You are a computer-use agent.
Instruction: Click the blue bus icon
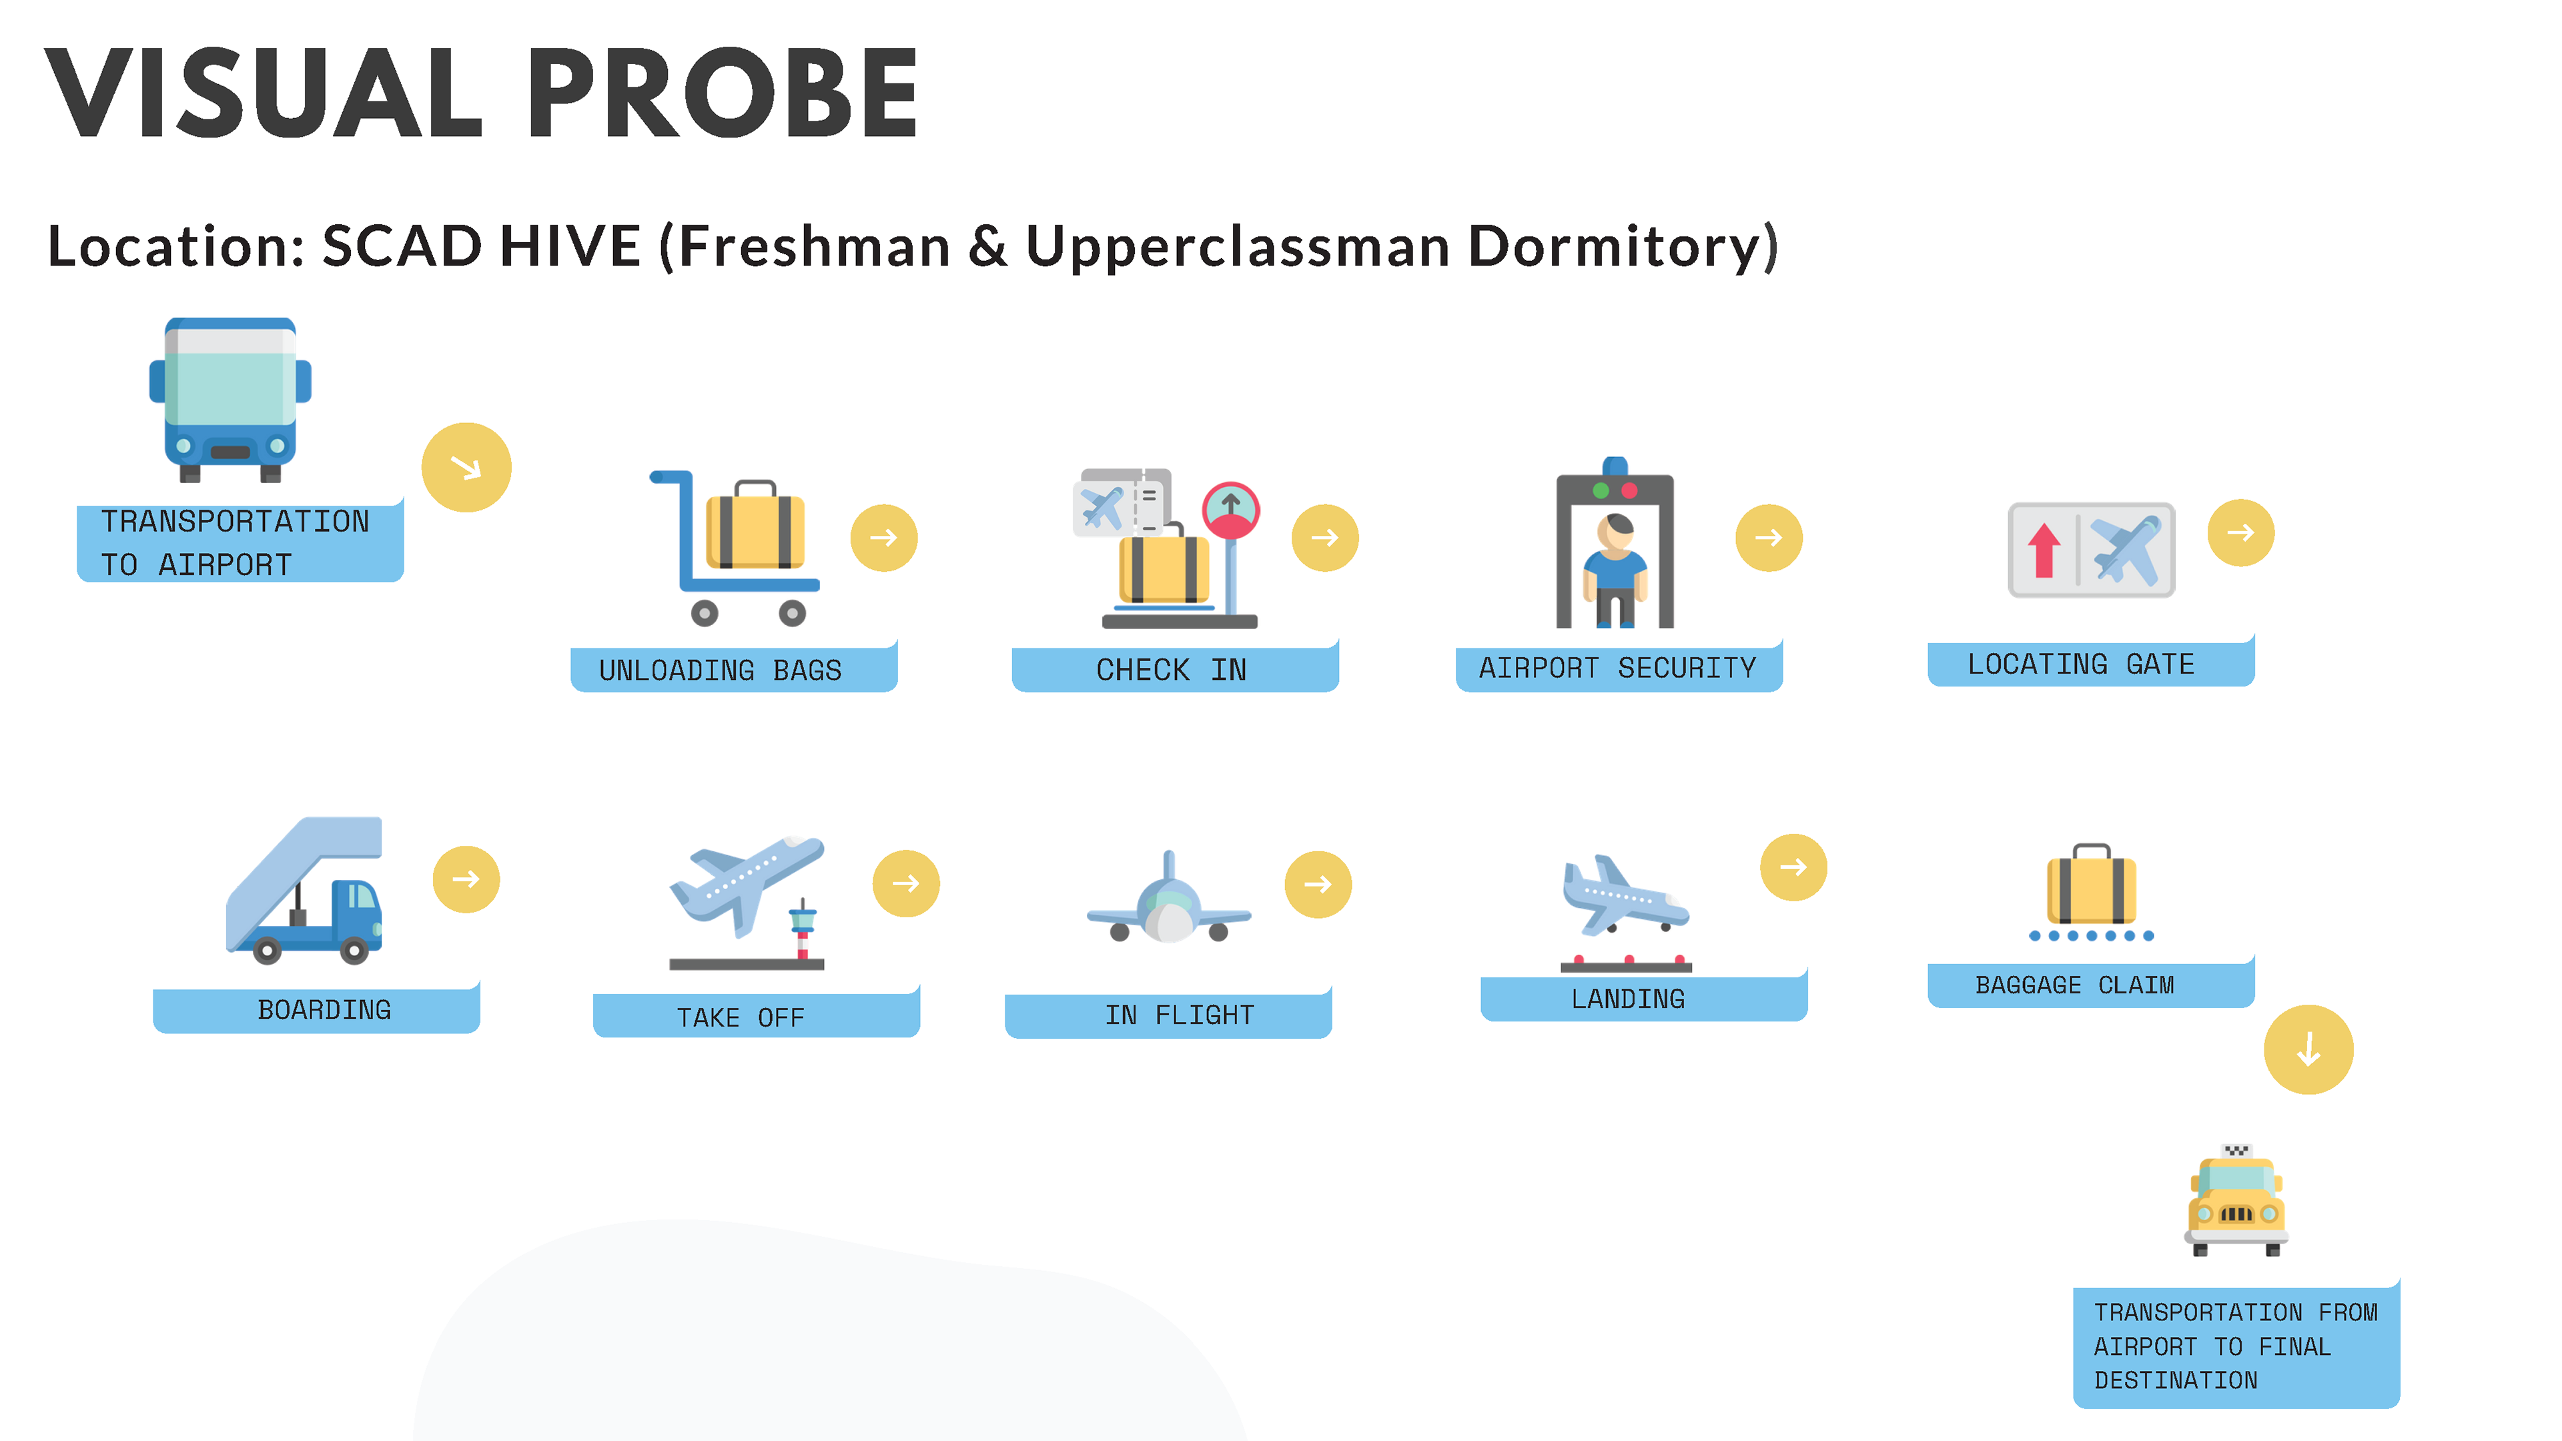click(x=230, y=400)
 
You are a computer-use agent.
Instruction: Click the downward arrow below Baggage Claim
click(x=2308, y=1049)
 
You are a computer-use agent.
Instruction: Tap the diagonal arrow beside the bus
click(x=466, y=468)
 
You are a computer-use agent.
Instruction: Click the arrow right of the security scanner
click(x=1768, y=538)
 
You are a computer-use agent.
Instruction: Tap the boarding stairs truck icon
click(x=304, y=890)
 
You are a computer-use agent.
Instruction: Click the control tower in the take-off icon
click(x=801, y=930)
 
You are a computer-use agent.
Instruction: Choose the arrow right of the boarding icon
click(x=466, y=879)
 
